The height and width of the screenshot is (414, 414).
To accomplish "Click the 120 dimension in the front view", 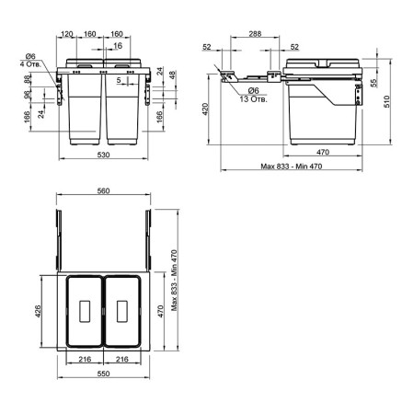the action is point(67,34).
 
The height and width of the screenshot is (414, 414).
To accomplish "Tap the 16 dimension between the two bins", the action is point(118,46).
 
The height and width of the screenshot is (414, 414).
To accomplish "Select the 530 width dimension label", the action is point(103,155).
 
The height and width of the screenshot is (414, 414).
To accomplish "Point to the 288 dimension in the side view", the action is point(255,33).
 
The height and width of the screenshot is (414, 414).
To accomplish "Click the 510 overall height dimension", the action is point(386,101).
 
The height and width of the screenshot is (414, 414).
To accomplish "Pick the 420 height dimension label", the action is point(205,109).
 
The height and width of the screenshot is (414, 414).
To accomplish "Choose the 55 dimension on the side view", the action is point(374,84).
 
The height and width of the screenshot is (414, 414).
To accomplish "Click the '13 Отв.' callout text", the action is point(254,99).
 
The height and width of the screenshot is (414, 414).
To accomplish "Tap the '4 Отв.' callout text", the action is point(30,63).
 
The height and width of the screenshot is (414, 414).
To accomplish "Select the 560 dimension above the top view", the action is point(103,190).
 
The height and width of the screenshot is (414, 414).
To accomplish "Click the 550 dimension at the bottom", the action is point(103,374).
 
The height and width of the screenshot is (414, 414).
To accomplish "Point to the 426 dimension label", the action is point(38,311).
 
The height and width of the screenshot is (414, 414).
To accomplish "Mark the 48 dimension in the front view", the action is point(173,75).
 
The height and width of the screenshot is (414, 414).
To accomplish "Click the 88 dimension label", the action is point(28,79).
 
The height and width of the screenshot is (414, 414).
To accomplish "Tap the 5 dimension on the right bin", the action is point(119,80).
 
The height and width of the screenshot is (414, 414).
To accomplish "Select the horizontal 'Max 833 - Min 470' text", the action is point(292,167).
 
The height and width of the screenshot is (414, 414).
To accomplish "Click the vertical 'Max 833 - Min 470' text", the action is point(174,281).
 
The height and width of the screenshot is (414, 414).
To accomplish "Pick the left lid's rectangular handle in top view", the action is point(85,311).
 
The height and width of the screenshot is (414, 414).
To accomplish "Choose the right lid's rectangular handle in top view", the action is point(122,311).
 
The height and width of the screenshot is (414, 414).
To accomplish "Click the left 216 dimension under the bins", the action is point(85,359).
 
